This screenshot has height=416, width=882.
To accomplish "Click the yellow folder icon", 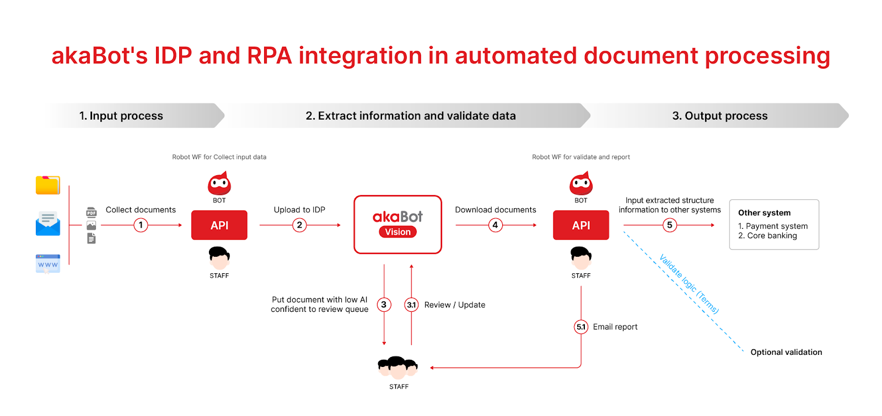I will (48, 185).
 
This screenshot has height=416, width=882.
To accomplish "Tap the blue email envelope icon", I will (48, 224).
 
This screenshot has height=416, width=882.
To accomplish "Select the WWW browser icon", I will (48, 263).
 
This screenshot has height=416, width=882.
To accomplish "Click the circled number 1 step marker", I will (141, 225).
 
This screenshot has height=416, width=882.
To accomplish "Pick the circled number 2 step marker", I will (299, 225).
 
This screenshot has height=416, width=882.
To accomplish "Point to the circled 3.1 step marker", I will (411, 305).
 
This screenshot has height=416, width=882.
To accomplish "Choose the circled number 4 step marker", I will (495, 225).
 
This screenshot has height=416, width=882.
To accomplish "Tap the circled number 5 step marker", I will (669, 225).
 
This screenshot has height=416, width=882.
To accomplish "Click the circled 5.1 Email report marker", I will (581, 327).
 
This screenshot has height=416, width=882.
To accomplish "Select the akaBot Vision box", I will (397, 224).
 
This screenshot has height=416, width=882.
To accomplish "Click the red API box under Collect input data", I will (219, 225).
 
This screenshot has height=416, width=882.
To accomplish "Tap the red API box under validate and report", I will (581, 225).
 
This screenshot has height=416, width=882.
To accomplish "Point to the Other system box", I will (774, 224).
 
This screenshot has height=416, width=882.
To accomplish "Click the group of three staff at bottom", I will (398, 367).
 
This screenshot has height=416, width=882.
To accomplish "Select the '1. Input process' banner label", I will (121, 116).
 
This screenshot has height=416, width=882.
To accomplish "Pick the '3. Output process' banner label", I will (719, 116).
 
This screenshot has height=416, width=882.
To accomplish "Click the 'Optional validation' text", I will (786, 352).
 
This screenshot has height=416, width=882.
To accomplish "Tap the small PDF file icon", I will (92, 212).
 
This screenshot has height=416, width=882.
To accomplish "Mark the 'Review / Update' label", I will (455, 305).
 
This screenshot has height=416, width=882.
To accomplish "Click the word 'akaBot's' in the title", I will (100, 56).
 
